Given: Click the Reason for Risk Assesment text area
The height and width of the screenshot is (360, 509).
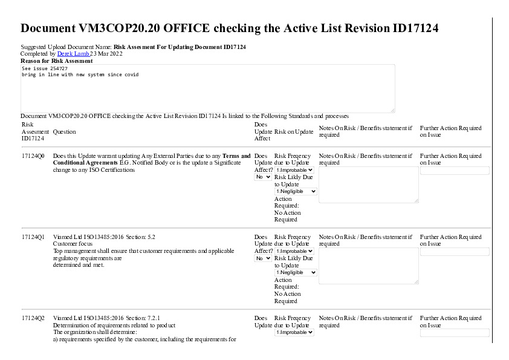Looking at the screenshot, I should (207, 88).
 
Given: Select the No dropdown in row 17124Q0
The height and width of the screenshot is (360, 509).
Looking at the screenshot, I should (263, 177).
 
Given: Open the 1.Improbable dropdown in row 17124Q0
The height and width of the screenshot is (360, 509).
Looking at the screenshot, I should (294, 170).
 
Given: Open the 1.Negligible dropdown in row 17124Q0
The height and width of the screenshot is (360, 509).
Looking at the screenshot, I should (296, 191).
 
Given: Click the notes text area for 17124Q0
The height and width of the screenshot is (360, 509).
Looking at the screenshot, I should (368, 185).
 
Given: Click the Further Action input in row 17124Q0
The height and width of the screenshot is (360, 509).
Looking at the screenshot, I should (455, 171).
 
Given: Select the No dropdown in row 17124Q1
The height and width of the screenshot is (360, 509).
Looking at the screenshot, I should (263, 258).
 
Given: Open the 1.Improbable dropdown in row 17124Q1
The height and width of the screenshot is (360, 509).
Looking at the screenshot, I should (294, 251).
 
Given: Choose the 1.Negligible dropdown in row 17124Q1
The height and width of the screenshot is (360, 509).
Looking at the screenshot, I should (296, 272).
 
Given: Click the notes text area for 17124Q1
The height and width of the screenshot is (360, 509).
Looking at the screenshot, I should (368, 266).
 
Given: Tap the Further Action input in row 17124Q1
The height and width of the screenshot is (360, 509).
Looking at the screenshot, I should (455, 252).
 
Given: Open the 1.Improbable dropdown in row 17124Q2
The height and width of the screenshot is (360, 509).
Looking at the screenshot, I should (294, 332).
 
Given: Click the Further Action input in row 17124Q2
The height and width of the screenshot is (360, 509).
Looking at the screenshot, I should (455, 333).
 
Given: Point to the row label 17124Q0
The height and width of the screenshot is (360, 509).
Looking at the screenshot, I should (33, 156).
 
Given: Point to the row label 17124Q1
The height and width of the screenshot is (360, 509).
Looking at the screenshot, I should (33, 237).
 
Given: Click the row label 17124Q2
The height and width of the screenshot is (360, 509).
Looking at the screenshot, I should (33, 318).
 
